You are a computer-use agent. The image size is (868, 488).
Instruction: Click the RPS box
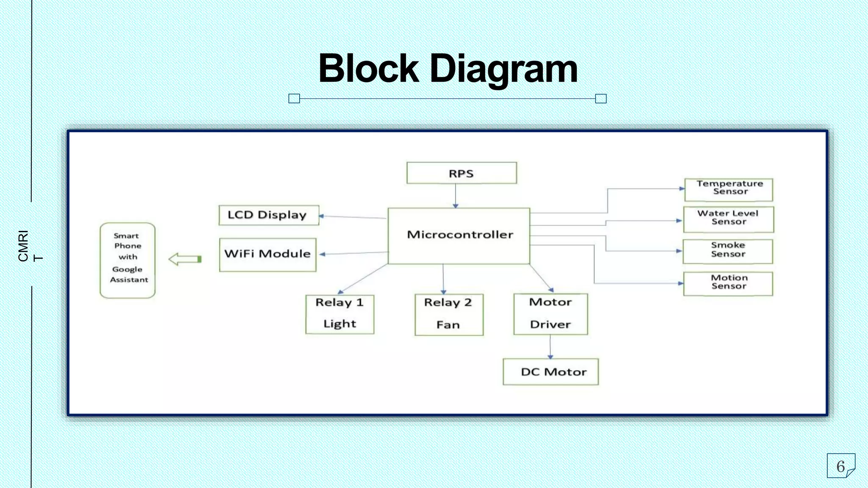point(461,173)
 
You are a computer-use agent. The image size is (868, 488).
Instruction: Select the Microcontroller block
point(459,236)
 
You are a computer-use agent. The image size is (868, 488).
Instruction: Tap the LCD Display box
point(268,215)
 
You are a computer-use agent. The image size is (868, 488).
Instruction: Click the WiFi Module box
point(267,255)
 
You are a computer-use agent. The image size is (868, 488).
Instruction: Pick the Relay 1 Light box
point(339,314)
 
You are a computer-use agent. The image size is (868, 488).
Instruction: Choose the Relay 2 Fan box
point(448,314)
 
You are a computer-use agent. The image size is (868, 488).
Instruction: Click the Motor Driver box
point(550,314)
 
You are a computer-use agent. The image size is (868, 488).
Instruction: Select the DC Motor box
point(551,372)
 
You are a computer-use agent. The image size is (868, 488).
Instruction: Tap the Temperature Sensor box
point(729,189)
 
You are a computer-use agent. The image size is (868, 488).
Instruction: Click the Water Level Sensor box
point(728,219)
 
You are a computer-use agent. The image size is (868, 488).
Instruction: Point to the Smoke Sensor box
point(728,251)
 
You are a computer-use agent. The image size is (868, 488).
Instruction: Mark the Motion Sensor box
point(728,283)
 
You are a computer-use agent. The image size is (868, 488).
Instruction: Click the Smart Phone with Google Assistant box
point(128,260)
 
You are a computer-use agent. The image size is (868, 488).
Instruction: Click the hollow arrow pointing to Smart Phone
point(185,259)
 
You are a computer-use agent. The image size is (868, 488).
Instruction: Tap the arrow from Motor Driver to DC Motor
point(550,346)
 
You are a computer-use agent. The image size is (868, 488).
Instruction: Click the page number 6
point(840,466)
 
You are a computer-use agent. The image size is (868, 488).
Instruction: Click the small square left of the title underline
point(294,99)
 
